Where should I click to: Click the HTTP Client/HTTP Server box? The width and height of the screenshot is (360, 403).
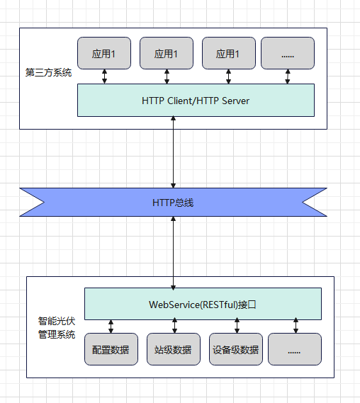pyautogui.click(x=196, y=100)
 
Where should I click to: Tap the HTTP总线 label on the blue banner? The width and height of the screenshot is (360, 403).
pyautogui.click(x=173, y=203)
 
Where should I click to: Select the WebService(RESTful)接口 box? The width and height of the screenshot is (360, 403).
pyautogui.click(x=203, y=304)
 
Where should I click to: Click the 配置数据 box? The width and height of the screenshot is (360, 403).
pyautogui.click(x=111, y=349)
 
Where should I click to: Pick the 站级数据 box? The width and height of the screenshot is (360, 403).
pyautogui.click(x=173, y=349)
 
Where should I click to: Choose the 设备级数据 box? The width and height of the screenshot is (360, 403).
pyautogui.click(x=235, y=349)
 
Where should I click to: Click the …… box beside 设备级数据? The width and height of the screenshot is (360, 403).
pyautogui.click(x=295, y=349)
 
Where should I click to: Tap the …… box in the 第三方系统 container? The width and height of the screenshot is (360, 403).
pyautogui.click(x=287, y=53)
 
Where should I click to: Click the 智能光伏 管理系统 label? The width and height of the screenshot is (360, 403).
pyautogui.click(x=57, y=328)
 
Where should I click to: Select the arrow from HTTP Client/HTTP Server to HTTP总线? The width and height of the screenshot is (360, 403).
pyautogui.click(x=173, y=152)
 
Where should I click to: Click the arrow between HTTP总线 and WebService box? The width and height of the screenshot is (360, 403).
pyautogui.click(x=173, y=252)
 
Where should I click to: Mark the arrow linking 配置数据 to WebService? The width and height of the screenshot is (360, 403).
pyautogui.click(x=111, y=327)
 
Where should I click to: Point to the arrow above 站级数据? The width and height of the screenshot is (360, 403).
pyautogui.click(x=173, y=327)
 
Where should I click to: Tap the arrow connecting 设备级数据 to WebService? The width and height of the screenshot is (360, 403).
pyautogui.click(x=235, y=327)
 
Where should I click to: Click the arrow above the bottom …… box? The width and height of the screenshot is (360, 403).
pyautogui.click(x=296, y=327)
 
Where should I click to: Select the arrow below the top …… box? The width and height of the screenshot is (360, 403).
pyautogui.click(x=287, y=76)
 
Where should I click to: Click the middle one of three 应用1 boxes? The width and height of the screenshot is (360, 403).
pyautogui.click(x=167, y=53)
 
